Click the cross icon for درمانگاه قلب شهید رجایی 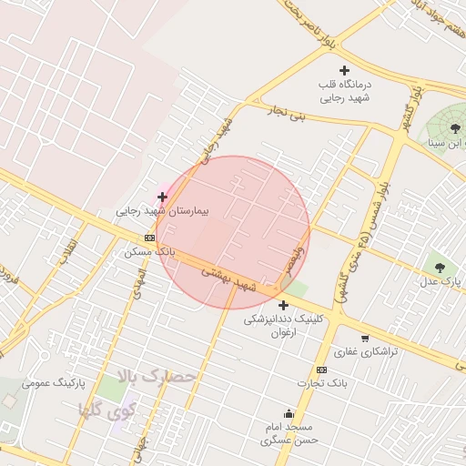(x=344, y=70)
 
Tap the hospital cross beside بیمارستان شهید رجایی (x=162, y=197)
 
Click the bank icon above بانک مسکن (x=150, y=237)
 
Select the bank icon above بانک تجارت (x=321, y=370)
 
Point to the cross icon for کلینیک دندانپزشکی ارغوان (x=283, y=305)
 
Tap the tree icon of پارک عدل (x=441, y=268)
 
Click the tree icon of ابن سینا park (x=455, y=128)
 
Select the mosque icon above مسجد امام (x=289, y=413)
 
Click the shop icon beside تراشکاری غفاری (x=365, y=338)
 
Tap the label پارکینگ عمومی (x=54, y=383)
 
